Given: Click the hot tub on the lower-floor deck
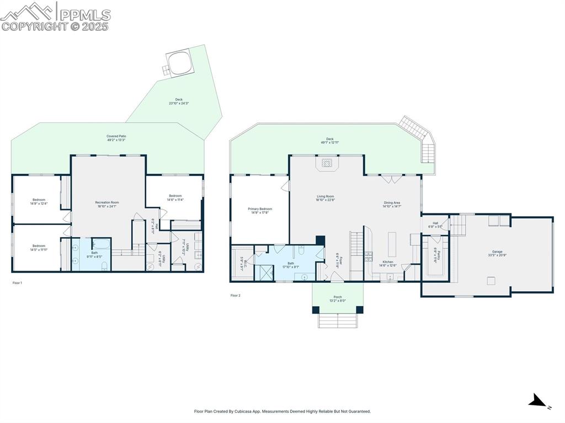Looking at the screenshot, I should click(180, 63).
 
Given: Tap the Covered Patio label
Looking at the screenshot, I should click(116, 138).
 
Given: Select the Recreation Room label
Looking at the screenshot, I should click(106, 205).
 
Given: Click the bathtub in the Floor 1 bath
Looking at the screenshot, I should click(102, 244).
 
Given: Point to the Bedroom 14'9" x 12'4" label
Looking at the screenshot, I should click(39, 202).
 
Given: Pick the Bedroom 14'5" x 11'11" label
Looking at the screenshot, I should click(39, 248).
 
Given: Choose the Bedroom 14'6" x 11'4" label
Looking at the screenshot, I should click(175, 197).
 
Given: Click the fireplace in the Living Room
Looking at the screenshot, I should click(327, 163).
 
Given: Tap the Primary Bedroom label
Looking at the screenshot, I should click(260, 211).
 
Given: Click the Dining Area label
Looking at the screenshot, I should click(392, 204).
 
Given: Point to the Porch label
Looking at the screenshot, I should click(337, 298).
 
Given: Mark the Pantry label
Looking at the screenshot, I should click(435, 256).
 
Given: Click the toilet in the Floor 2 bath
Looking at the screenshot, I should click(301, 251).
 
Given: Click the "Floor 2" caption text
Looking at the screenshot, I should click(236, 296).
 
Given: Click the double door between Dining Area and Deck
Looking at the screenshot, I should click(392, 178).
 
